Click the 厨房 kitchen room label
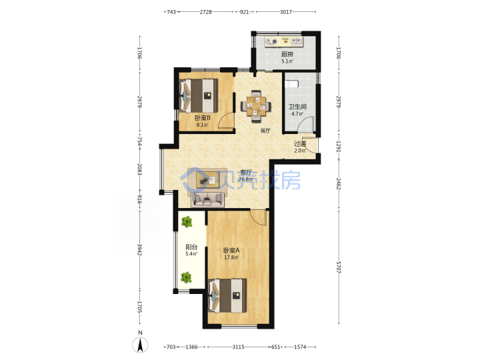click(x=287, y=55)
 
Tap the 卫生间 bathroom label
click(x=297, y=107)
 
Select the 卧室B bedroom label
click(x=203, y=118)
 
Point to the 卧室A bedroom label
click(x=231, y=251)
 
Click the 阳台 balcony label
click(x=191, y=247)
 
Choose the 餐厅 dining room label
click(x=265, y=131)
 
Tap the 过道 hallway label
click(x=300, y=143)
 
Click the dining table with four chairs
click(x=256, y=106)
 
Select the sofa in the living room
click(x=207, y=199)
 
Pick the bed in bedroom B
click(x=199, y=96)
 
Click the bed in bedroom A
click(x=227, y=295)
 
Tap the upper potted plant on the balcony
click(x=187, y=221)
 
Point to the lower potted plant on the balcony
click(x=186, y=277)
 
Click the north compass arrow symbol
click(x=140, y=345)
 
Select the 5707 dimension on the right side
click(x=339, y=267)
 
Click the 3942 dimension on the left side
click(x=139, y=249)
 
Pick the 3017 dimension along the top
click(x=286, y=12)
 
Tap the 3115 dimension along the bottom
click(x=238, y=347)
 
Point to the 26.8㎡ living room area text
click(x=246, y=179)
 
